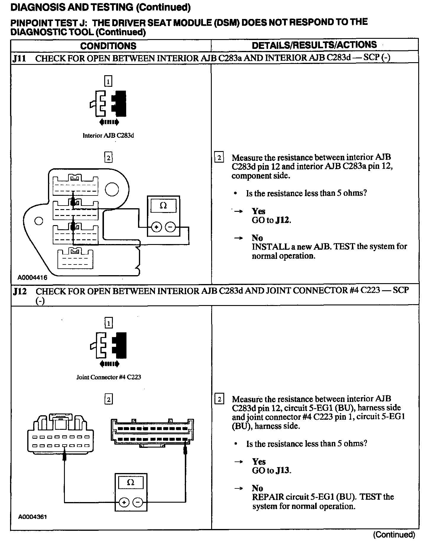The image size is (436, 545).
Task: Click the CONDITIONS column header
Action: tap(108, 46)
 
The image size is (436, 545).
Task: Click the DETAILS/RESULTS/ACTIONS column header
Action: tap(314, 45)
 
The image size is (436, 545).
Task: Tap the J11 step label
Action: tap(20, 58)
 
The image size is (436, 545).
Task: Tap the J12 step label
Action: tap(20, 291)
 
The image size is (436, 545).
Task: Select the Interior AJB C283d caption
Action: tap(108, 136)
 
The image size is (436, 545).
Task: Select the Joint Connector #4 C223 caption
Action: tap(108, 377)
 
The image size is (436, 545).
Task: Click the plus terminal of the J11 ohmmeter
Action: tap(156, 227)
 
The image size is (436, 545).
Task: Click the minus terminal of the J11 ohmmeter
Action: tap(170, 227)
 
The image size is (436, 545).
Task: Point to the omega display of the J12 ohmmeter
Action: tap(131, 483)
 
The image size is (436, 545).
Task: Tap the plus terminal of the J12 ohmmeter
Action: tap(124, 502)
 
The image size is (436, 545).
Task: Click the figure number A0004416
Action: tap(32, 278)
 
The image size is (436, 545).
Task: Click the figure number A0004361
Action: tap(32, 517)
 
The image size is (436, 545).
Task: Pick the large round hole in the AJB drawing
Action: tap(112, 190)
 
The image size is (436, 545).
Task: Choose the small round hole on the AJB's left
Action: tap(39, 221)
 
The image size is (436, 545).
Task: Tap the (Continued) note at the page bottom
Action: tap(394, 534)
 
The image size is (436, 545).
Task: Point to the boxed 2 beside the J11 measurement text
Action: tap(219, 158)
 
